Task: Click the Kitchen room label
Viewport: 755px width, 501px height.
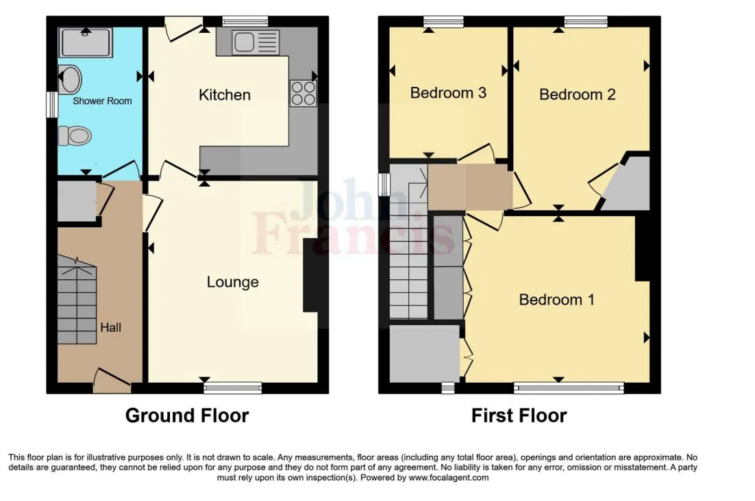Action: [x=224, y=95]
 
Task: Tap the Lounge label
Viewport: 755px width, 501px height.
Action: [x=232, y=282]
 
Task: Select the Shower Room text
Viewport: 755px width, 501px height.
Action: [x=102, y=101]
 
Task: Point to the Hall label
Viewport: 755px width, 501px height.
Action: [x=110, y=328]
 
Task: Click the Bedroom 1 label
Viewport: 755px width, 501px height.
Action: [x=556, y=300]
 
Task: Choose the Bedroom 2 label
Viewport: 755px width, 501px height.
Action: [x=577, y=94]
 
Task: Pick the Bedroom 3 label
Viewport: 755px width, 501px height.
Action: [x=448, y=92]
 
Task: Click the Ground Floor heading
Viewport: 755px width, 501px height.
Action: [x=187, y=415]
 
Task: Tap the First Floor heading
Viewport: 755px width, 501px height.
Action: [x=519, y=415]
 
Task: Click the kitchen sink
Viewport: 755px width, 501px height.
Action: [x=256, y=42]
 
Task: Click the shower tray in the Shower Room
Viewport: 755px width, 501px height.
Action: [x=86, y=42]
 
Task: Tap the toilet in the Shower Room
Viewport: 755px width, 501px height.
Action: [x=74, y=136]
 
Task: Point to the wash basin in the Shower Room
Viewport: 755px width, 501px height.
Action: [x=69, y=79]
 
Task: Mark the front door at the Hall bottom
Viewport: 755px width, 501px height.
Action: [x=111, y=380]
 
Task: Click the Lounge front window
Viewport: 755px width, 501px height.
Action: [x=233, y=388]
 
